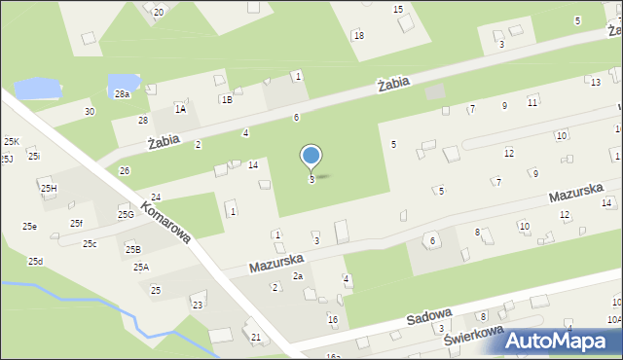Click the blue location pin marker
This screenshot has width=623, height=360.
pyautogui.click(x=311, y=157)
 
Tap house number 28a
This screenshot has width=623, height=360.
pyautogui.click(x=122, y=94)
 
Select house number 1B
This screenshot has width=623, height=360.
pyautogui.click(x=227, y=99)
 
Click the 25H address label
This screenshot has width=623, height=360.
pyautogui.click(x=48, y=188)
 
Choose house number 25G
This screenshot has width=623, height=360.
pyautogui.click(x=126, y=214)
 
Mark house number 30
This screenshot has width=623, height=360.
pyautogui.click(x=90, y=112)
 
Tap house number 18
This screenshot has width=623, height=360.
pyautogui.click(x=358, y=35)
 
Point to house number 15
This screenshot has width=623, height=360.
pyautogui.click(x=398, y=9)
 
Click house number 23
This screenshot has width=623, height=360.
pyautogui.click(x=198, y=306)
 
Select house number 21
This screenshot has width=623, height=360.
pyautogui.click(x=256, y=337)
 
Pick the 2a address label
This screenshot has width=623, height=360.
pyautogui.click(x=299, y=276)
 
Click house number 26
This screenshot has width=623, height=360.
pyautogui.click(x=125, y=171)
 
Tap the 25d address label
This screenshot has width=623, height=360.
pyautogui.click(x=35, y=261)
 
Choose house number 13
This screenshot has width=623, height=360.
pyautogui.click(x=596, y=82)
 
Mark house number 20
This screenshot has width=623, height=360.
pyautogui.click(x=159, y=11)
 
